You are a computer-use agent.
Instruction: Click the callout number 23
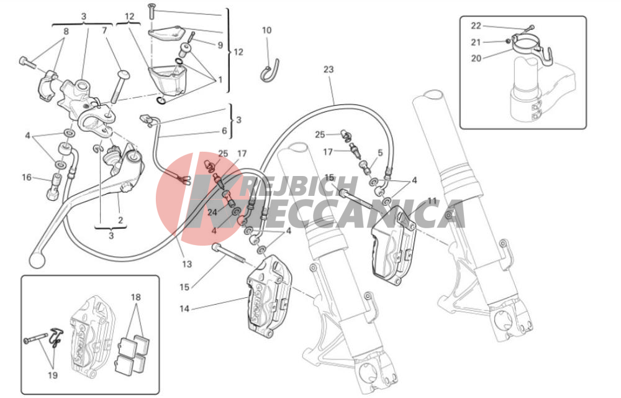pyautogui.click(x=329, y=70)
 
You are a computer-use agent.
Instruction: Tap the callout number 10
pyautogui.click(x=266, y=30)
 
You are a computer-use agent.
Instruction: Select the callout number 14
pyautogui.click(x=184, y=308)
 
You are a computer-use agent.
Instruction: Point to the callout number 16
pyautogui.click(x=27, y=177)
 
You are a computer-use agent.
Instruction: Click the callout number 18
pyautogui.click(x=135, y=297)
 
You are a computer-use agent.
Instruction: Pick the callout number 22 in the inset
pyautogui.click(x=476, y=25)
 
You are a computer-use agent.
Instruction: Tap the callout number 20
pyautogui.click(x=476, y=58)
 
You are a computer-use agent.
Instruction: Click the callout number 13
pyautogui.click(x=186, y=264)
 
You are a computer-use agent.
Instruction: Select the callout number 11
pyautogui.click(x=432, y=201)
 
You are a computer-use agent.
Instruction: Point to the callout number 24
pyautogui.click(x=212, y=213)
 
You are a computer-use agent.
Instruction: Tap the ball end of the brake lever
pyautogui.click(x=36, y=260)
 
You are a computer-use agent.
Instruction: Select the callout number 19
pyautogui.click(x=52, y=375)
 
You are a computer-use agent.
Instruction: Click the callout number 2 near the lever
pyautogui.click(x=120, y=220)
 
